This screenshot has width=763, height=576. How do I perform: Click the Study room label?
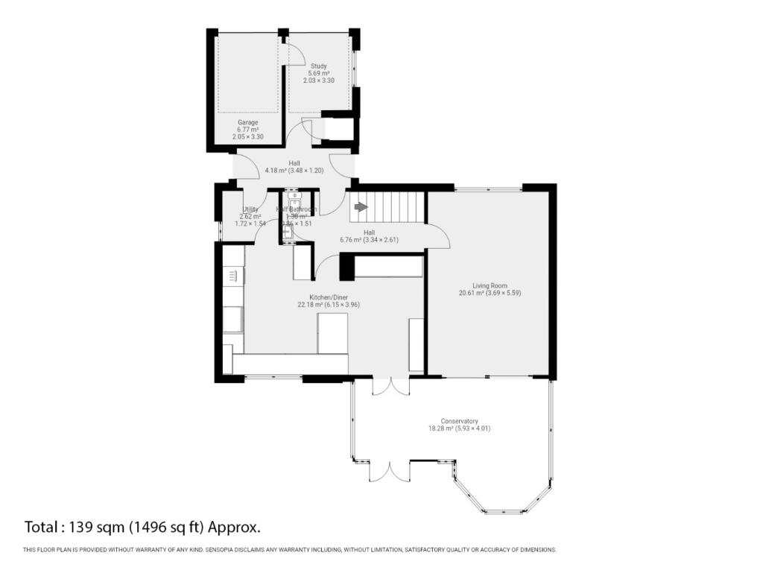tap(318, 66)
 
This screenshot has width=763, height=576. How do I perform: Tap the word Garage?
tap(248, 122)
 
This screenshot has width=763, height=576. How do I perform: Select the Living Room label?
tap(489, 285)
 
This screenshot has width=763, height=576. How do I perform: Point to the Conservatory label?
tap(459, 420)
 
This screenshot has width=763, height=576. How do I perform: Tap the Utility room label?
tap(250, 210)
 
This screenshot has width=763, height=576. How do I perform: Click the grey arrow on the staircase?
tap(361, 206)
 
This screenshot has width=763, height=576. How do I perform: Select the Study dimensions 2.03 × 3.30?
tap(318, 80)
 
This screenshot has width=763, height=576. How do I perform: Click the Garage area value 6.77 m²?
tap(248, 130)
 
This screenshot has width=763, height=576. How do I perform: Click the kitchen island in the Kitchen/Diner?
tap(332, 333)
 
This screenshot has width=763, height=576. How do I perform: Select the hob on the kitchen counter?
tap(232, 276)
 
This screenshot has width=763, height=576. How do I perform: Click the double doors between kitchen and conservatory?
tap(390, 387)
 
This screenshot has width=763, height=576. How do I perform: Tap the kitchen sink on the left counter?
tap(232, 319)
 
